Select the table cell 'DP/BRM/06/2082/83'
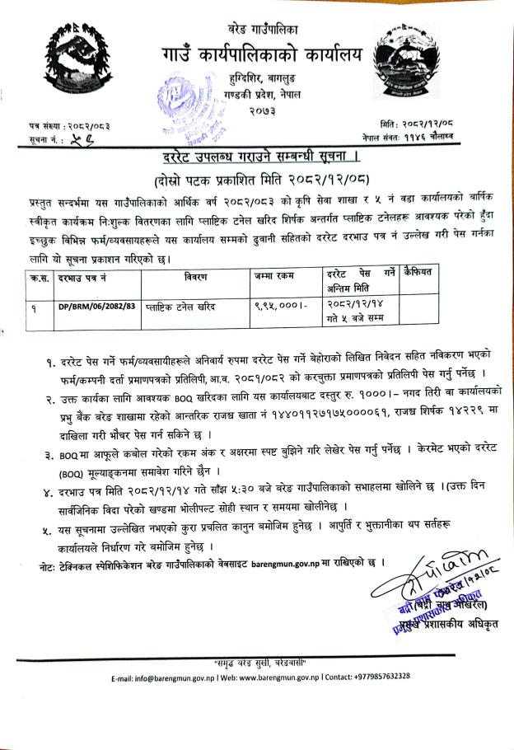(93, 306)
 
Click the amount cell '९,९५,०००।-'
(279, 306)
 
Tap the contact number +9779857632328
(396, 677)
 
